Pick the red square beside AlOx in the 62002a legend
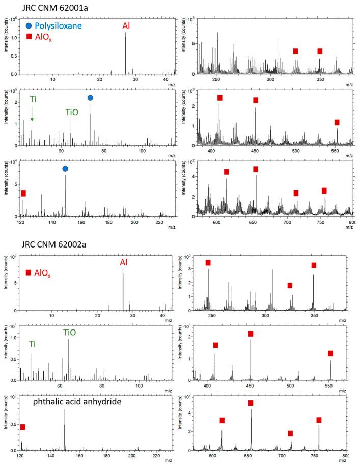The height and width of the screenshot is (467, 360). tap(29, 273)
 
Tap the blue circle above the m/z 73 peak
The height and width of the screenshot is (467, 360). tap(90, 98)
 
